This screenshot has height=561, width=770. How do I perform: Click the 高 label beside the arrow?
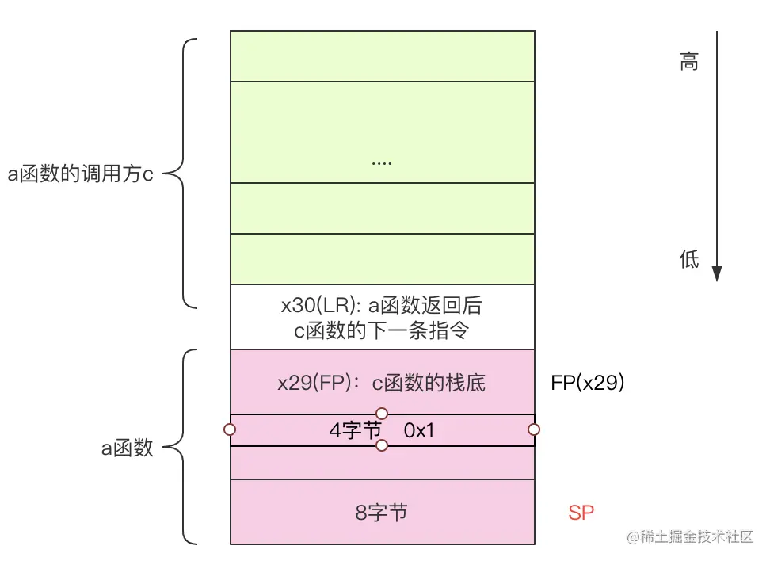click(x=688, y=62)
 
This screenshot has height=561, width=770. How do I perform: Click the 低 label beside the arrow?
click(x=688, y=258)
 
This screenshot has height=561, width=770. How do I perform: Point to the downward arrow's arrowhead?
click(x=717, y=273)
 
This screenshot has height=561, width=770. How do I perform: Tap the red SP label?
click(x=581, y=513)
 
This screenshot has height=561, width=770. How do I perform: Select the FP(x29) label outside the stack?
click(x=588, y=383)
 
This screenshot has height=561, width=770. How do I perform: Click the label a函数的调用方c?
click(x=80, y=174)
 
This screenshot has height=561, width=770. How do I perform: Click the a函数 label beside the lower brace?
click(x=127, y=449)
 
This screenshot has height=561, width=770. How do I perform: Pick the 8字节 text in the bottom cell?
click(x=382, y=513)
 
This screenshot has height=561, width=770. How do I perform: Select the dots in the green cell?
click(x=382, y=161)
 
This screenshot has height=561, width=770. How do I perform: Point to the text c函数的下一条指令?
click(x=382, y=330)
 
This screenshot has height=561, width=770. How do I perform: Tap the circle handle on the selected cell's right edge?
click(x=534, y=429)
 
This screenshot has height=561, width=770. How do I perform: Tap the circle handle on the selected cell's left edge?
click(x=230, y=429)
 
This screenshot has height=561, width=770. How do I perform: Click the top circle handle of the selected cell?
click(x=382, y=414)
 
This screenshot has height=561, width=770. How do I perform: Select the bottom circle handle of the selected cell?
click(x=382, y=445)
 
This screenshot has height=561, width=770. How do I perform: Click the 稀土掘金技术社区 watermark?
click(x=691, y=536)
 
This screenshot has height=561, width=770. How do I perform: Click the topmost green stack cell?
click(x=382, y=55)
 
